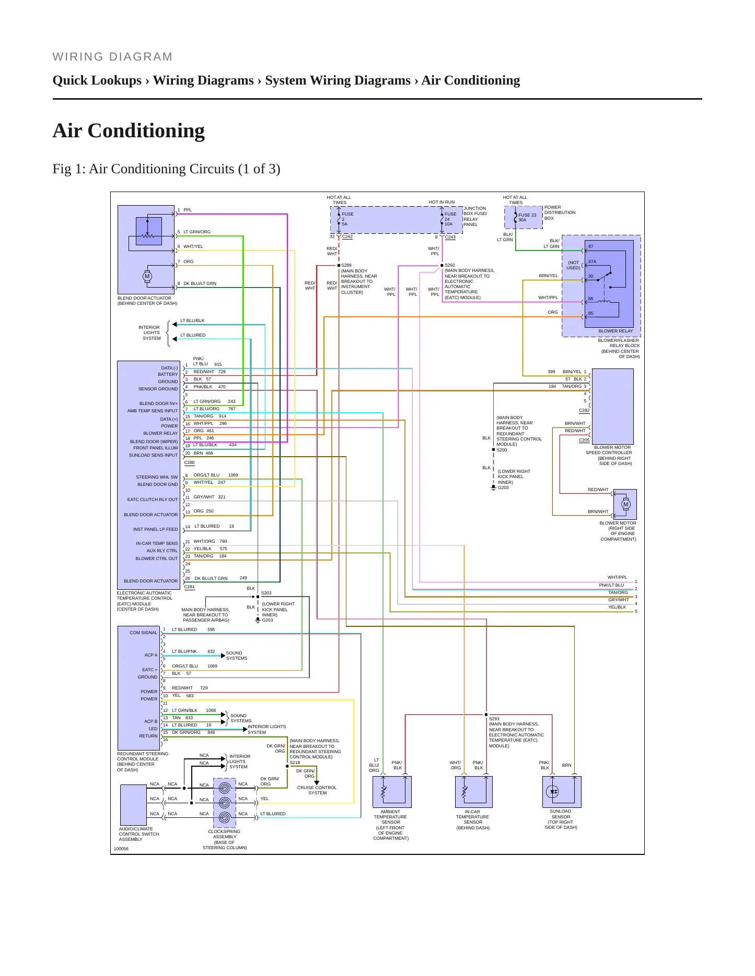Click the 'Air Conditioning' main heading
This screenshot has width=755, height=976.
129,131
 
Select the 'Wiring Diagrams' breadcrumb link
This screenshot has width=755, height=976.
203,80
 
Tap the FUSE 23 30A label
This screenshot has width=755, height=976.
527,217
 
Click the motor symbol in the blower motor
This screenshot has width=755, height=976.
625,504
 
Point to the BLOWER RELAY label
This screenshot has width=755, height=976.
615,331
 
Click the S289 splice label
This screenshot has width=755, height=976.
346,265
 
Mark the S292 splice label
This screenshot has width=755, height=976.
450,265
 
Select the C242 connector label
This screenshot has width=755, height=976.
347,237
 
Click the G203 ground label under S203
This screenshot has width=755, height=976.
268,620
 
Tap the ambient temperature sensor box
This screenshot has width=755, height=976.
392,792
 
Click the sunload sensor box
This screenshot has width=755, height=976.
562,792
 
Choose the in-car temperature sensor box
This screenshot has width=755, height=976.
474,792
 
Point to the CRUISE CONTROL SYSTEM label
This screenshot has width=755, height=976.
317,790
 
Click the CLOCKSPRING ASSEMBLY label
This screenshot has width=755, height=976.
225,834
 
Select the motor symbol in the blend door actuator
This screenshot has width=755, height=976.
147,277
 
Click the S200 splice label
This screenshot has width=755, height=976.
502,450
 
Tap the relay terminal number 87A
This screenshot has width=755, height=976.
593,261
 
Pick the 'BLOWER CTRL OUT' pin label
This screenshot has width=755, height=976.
157,558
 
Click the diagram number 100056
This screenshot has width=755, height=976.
121,849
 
